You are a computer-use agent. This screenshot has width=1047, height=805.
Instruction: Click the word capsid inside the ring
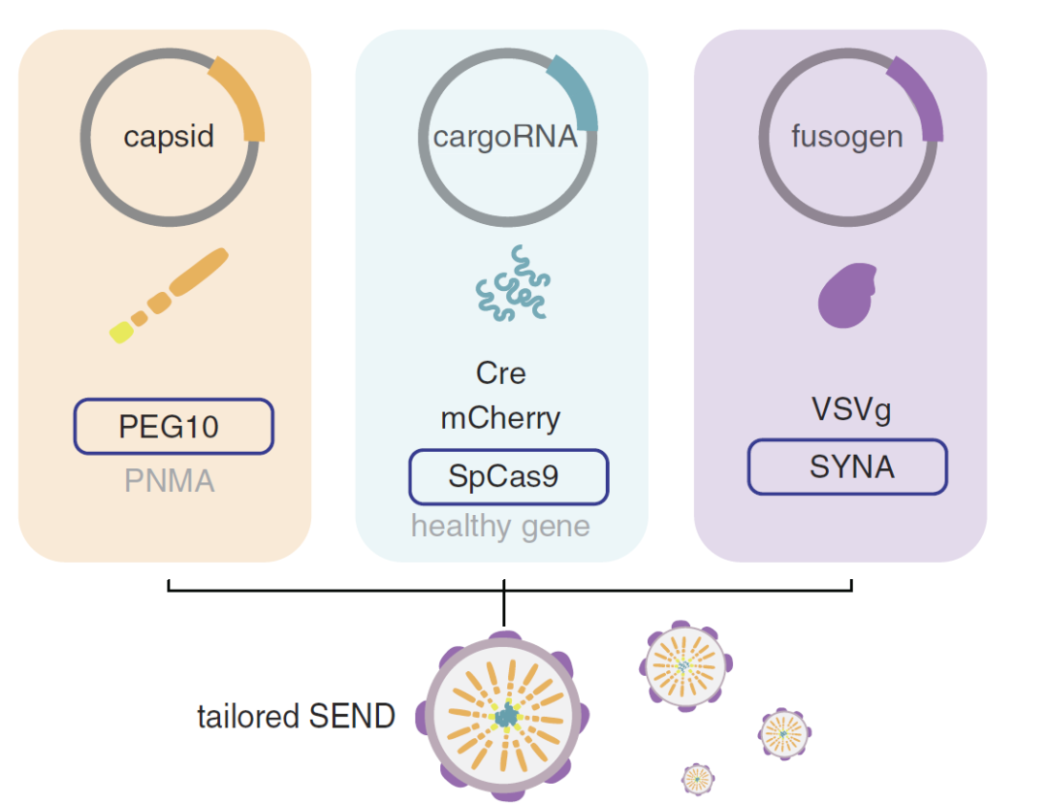pyautogui.click(x=168, y=136)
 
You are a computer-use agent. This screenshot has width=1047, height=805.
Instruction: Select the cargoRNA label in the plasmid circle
pyautogui.click(x=504, y=136)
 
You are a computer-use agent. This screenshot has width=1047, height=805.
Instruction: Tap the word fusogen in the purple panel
pyautogui.click(x=846, y=136)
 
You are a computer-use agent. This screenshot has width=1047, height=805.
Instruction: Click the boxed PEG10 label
pyautogui.click(x=174, y=427)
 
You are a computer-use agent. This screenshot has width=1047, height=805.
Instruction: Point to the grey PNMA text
pyautogui.click(x=170, y=480)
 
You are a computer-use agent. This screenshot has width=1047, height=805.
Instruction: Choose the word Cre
pyautogui.click(x=501, y=373)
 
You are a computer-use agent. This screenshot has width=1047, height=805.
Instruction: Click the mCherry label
pyautogui.click(x=500, y=419)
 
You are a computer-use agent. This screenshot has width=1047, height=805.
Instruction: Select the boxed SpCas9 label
pyautogui.click(x=508, y=477)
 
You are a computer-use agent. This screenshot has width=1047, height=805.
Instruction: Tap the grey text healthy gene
pyautogui.click(x=500, y=527)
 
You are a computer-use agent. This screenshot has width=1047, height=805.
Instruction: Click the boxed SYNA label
pyautogui.click(x=846, y=467)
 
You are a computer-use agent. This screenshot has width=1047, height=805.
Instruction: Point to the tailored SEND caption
pyautogui.click(x=297, y=717)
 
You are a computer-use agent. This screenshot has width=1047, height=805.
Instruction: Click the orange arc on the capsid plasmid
pyautogui.click(x=242, y=97)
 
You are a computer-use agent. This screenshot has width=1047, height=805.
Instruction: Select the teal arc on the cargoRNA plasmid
pyautogui.click(x=579, y=94)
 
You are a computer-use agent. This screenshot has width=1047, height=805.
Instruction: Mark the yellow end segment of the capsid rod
pyautogui.click(x=121, y=332)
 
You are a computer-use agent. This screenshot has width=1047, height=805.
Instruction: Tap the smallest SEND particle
pyautogui.click(x=697, y=778)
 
